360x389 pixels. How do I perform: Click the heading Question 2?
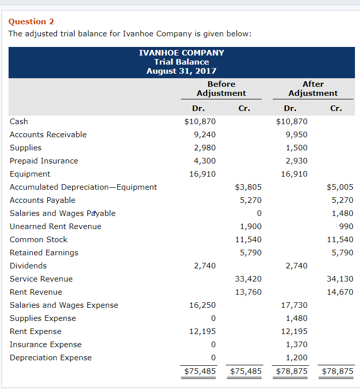point(31,21)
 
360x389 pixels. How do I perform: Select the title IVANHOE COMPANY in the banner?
point(181,52)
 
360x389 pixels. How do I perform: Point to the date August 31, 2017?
point(181,71)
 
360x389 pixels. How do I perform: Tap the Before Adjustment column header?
point(221,88)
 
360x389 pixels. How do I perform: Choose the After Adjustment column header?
point(313,88)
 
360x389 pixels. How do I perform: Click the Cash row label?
point(19,121)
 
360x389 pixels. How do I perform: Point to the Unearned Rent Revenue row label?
point(55,226)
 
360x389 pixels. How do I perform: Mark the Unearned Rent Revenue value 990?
point(346,226)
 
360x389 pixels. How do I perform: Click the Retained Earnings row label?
point(44,252)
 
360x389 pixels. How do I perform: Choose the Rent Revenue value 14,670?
point(340,292)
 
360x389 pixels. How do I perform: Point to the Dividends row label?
point(28,265)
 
